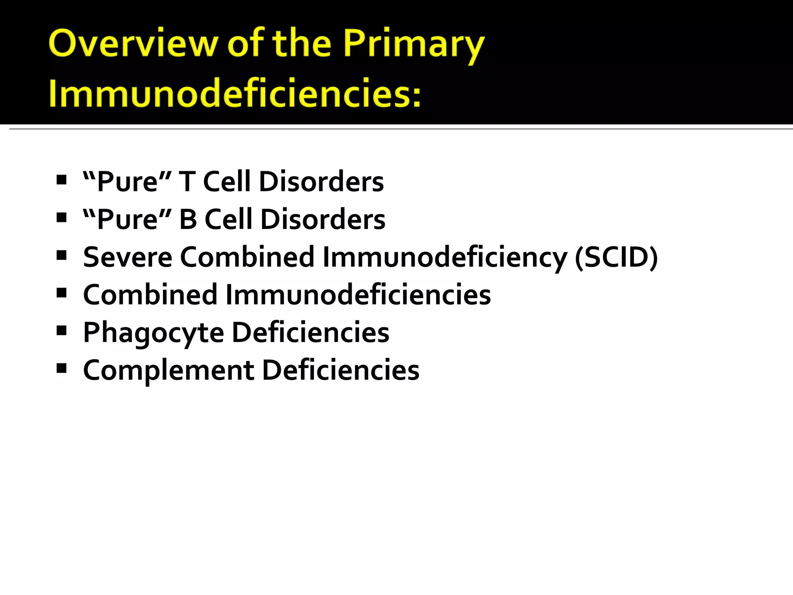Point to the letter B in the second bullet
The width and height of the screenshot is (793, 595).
coord(188,219)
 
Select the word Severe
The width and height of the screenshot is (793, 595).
coord(127,257)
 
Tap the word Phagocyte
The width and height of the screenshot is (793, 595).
coord(154,333)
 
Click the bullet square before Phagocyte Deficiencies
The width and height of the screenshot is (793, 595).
coord(61,330)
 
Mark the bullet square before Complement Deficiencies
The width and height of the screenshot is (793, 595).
coord(61,368)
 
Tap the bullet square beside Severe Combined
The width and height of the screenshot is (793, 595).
coord(61,255)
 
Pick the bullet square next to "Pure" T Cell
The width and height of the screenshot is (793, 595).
coord(61,179)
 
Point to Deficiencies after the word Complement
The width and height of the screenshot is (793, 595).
coord(341,370)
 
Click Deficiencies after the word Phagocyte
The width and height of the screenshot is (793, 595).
coord(310,332)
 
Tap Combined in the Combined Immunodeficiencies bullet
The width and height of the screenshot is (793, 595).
coord(150,295)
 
